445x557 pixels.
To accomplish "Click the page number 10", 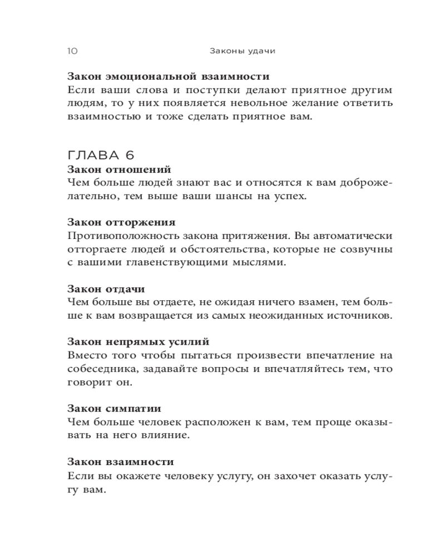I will click(72, 51).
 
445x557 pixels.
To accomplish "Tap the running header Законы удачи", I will click(243, 51).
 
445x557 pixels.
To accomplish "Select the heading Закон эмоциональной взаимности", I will click(168, 76).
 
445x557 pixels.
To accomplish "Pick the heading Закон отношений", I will click(118, 169).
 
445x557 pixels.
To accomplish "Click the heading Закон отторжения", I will click(121, 223).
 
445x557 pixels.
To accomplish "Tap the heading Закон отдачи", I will click(106, 289).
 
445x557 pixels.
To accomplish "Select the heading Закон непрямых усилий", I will click(138, 342).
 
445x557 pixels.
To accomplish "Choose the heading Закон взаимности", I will click(120, 462).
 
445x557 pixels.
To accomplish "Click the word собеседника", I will click(99, 369).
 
